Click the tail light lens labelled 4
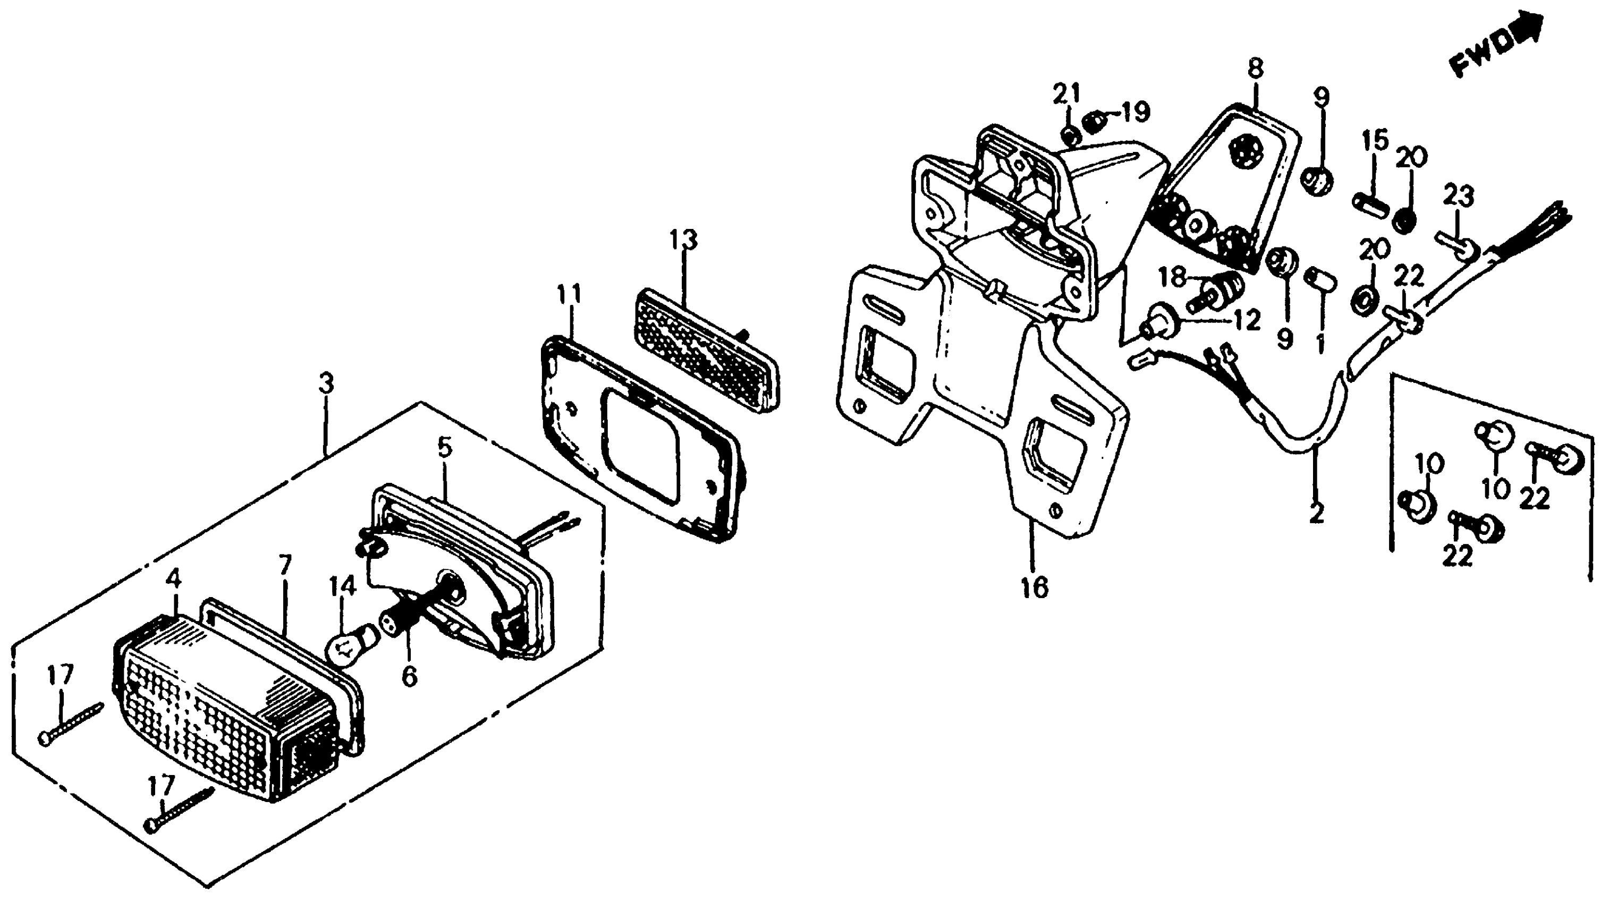pos(225,705)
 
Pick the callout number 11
pos(569,294)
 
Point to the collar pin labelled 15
pos(1370,203)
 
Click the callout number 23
pos(1459,197)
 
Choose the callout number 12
pos(1246,320)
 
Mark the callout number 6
pos(409,676)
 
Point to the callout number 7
pos(285,565)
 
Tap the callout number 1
pos(1320,342)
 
